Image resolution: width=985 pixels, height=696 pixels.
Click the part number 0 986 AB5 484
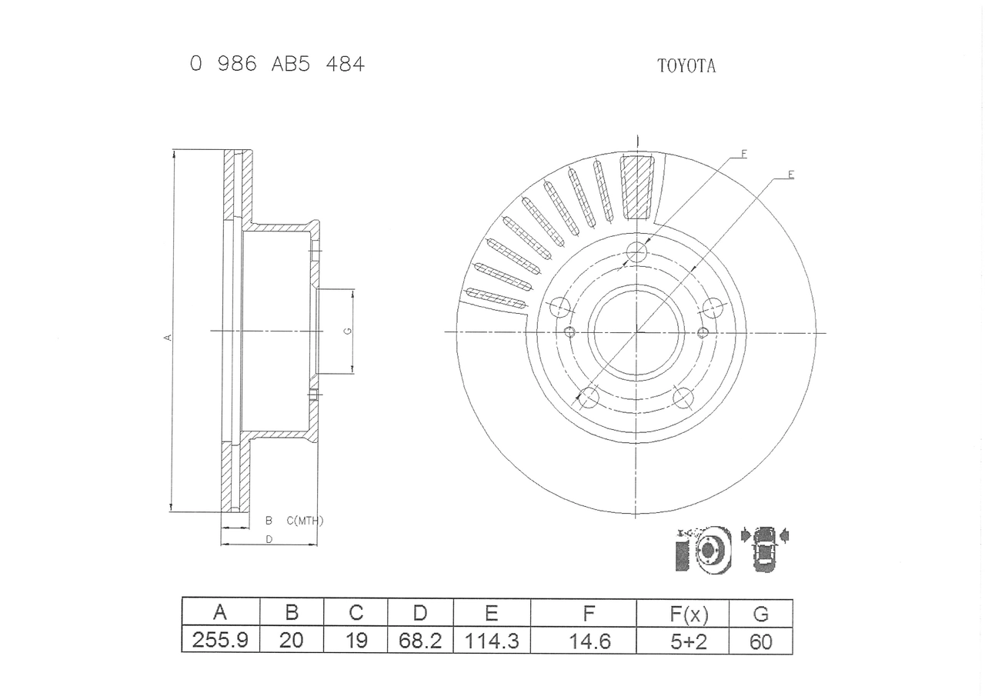(277, 65)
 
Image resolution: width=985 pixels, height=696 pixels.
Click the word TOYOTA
(686, 66)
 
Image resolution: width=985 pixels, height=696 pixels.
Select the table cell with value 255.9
(220, 641)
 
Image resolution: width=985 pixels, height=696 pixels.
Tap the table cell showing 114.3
(492, 641)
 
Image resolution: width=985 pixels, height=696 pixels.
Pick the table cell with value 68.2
(420, 641)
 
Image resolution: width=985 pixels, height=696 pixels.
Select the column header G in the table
(760, 613)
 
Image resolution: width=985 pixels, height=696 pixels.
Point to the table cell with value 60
(760, 641)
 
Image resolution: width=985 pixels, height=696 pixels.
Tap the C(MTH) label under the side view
(305, 521)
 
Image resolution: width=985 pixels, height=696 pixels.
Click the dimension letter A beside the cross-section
(168, 337)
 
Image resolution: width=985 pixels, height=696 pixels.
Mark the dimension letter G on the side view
(348, 331)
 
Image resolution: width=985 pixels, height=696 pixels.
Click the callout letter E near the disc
(790, 175)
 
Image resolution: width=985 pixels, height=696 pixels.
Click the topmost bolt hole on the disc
(636, 251)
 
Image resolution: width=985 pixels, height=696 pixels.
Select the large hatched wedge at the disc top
(637, 187)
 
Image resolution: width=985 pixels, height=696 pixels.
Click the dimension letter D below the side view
(269, 539)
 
